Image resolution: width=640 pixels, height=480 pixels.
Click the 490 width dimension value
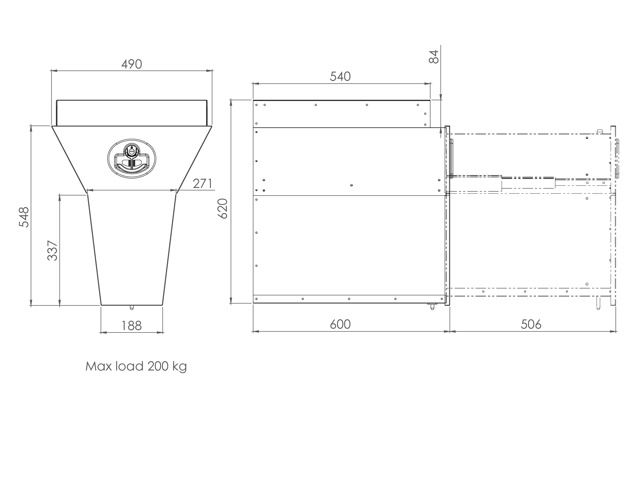[132, 64]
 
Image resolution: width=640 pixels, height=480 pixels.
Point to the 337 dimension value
[53, 251]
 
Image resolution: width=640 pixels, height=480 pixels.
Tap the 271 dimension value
[202, 184]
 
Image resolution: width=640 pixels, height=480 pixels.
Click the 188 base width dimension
[132, 325]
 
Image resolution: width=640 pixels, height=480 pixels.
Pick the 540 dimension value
[340, 76]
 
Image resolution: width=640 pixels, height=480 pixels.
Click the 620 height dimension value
[223, 209]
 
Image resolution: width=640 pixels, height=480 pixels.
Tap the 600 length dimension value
[340, 324]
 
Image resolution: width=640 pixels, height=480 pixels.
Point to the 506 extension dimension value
[531, 324]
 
